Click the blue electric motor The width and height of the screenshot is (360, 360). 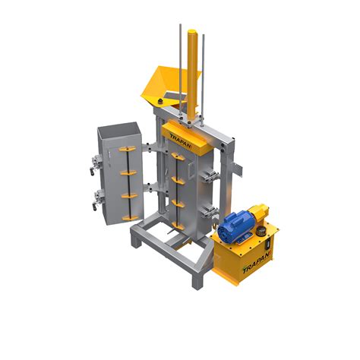pyautogui.click(x=236, y=226)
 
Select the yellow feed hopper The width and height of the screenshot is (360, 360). pyautogui.click(x=169, y=86)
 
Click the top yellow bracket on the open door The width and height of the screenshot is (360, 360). pyautogui.click(x=128, y=149)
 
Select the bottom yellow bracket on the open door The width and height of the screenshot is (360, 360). pyautogui.click(x=131, y=217)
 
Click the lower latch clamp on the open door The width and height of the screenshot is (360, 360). pyautogui.click(x=98, y=200)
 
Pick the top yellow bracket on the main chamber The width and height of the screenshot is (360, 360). pyautogui.click(x=178, y=157)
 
